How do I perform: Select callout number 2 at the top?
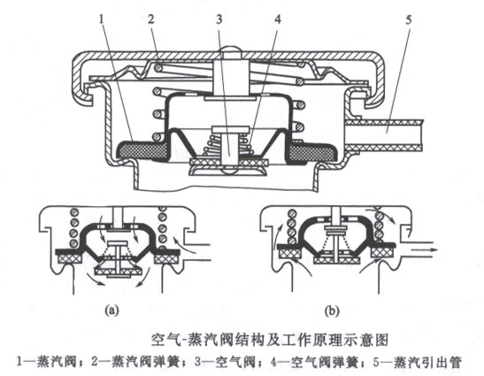pyautogui.click(x=151, y=16)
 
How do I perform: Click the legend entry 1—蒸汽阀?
pyautogui.click(x=44, y=361)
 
